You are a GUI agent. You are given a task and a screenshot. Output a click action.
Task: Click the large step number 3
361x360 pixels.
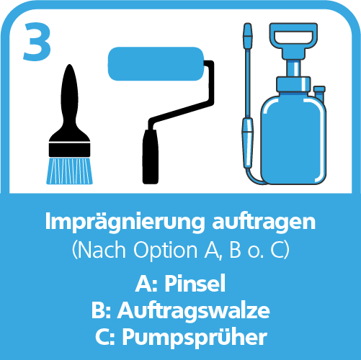[37, 41]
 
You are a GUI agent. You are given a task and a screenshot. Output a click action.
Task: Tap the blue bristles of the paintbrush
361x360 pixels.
[69, 171]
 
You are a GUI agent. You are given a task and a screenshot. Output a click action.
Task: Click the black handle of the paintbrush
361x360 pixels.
[69, 101]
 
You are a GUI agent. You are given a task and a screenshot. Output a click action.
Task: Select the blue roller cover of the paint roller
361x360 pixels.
[156, 63]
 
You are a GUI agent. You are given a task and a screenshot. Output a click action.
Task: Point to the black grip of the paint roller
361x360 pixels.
[151, 157]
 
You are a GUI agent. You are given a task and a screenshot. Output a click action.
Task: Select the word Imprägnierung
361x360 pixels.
[125, 222]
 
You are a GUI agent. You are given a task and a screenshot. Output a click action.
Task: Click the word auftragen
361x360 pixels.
[264, 222]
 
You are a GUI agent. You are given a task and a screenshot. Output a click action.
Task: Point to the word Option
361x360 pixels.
[165, 250]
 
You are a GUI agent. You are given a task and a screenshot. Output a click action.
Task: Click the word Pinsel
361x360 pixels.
[195, 283]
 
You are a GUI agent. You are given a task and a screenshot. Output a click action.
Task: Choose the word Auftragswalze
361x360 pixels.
[194, 310]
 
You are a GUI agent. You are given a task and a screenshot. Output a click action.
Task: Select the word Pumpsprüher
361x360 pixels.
[195, 338]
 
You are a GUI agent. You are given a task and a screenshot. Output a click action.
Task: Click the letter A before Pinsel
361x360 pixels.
[143, 284]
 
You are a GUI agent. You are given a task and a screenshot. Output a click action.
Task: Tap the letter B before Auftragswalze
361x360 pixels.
[98, 310]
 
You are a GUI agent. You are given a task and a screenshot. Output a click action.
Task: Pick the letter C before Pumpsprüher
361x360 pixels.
[103, 337]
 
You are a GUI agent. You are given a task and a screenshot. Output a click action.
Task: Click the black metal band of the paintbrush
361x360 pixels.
[69, 150]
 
